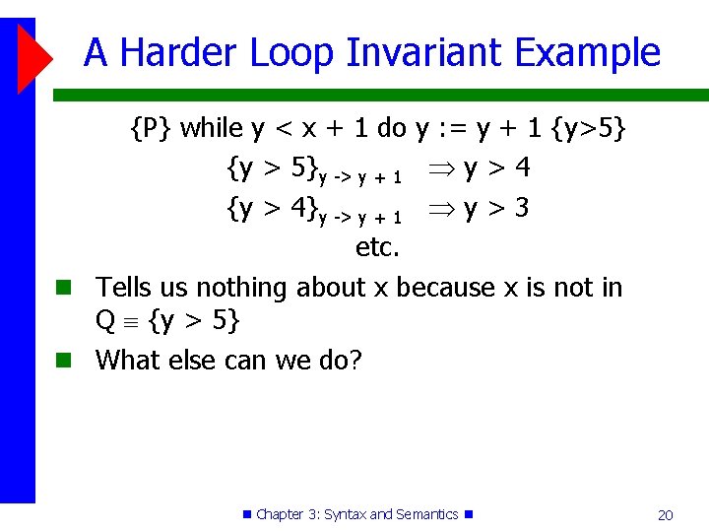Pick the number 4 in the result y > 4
522,168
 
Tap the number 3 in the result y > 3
522,208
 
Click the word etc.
377,247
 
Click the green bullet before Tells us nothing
62,288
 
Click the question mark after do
355,361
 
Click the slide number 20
665,514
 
